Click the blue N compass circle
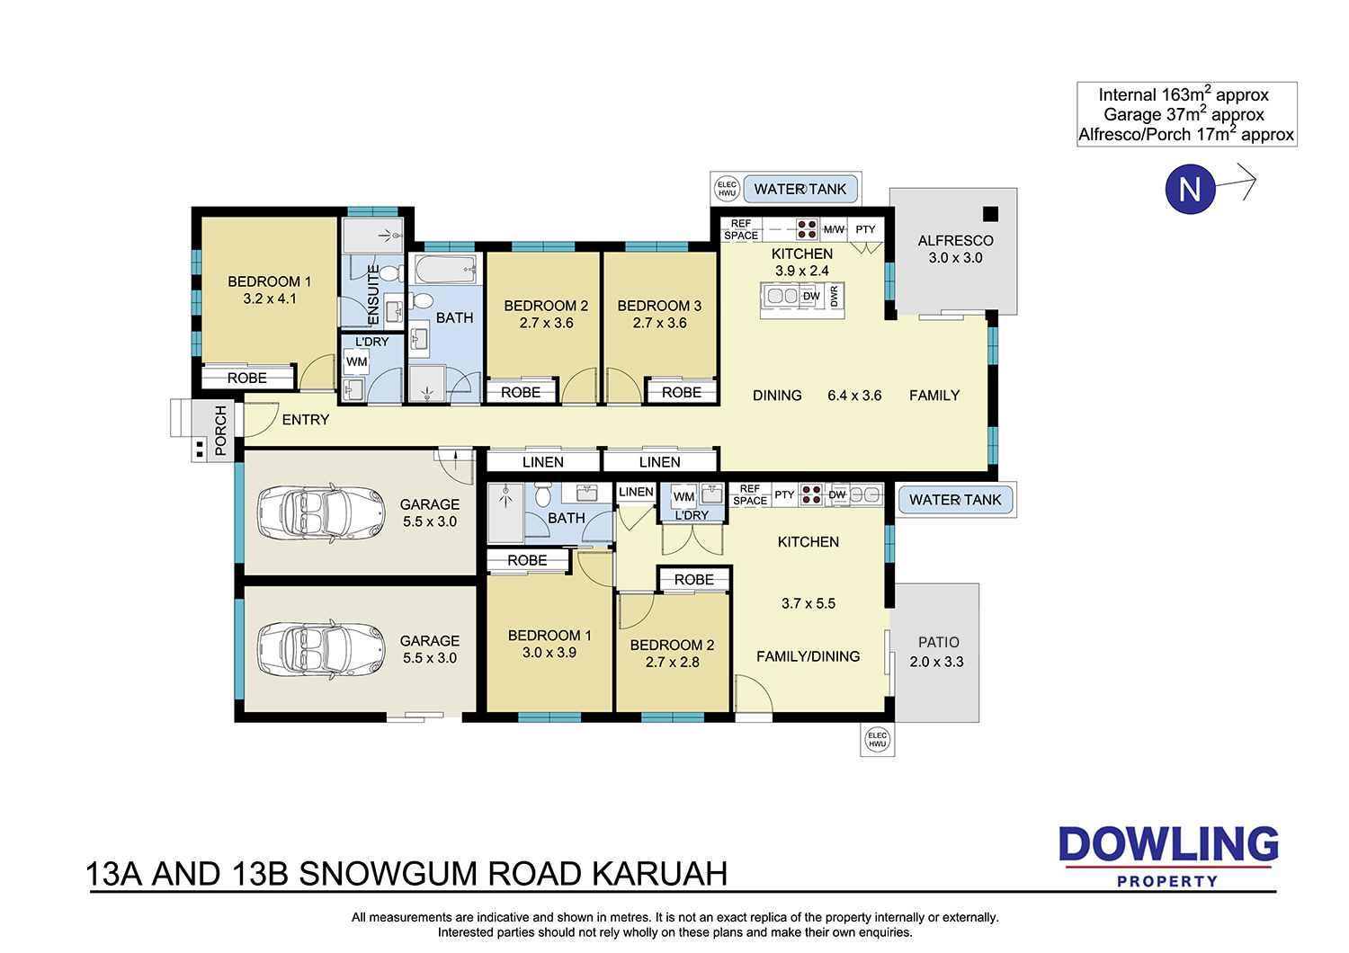(1190, 189)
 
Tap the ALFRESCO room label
(955, 241)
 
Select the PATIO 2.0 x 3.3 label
(936, 652)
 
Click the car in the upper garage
(320, 513)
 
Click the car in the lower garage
(320, 650)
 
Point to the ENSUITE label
(373, 294)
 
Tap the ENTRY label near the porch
(306, 420)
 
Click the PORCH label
(220, 431)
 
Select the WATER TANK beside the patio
(955, 500)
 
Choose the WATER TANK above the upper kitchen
(800, 189)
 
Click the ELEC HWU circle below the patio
(877, 739)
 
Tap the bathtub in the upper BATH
(446, 269)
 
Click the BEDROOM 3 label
(659, 306)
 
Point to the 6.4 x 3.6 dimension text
(854, 396)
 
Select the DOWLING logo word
(1168, 844)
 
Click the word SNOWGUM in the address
(389, 874)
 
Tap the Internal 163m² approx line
(1184, 94)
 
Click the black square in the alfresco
(990, 214)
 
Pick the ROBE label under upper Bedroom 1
(247, 379)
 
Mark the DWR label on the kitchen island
(834, 296)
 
